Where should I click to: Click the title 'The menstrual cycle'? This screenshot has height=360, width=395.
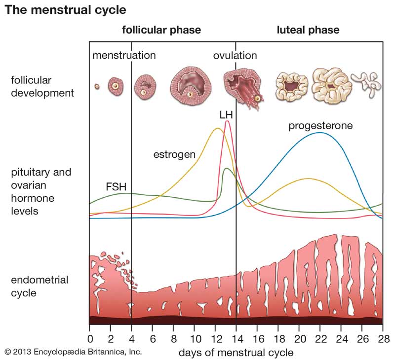pyautogui.click(x=66, y=9)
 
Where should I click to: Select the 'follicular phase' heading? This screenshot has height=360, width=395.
pyautogui.click(x=161, y=30)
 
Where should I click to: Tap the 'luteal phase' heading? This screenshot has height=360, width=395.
pyautogui.click(x=308, y=30)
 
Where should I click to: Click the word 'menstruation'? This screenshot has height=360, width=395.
pyautogui.click(x=124, y=55)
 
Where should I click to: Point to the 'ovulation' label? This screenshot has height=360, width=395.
pyautogui.click(x=235, y=55)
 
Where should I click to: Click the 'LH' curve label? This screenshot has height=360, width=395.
pyautogui.click(x=226, y=114)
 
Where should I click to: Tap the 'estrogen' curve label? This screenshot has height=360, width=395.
pyautogui.click(x=174, y=154)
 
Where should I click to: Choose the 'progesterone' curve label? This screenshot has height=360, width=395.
pyautogui.click(x=321, y=125)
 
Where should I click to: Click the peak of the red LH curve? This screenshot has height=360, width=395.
pyautogui.click(x=227, y=121)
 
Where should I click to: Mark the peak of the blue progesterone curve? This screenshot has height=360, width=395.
pyautogui.click(x=320, y=133)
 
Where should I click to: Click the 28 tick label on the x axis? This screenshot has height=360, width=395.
pyautogui.click(x=383, y=340)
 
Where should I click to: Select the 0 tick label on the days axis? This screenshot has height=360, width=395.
pyautogui.click(x=89, y=340)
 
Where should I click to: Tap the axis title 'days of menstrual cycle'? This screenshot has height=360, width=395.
pyautogui.click(x=236, y=353)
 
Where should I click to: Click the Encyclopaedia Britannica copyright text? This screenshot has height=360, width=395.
pyautogui.click(x=73, y=352)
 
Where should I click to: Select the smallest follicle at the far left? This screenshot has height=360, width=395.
pyautogui.click(x=97, y=87)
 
